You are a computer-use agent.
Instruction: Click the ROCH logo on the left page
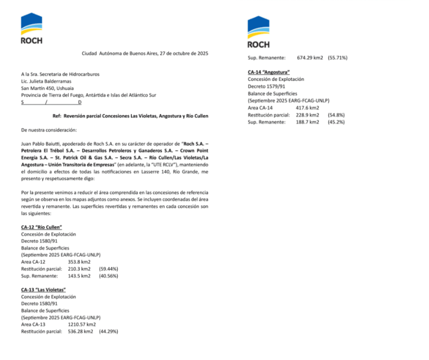click(31, 29)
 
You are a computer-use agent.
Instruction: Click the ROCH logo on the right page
click(258, 32)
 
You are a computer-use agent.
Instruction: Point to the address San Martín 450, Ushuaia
click(47, 88)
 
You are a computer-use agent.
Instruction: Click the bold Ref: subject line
click(131, 116)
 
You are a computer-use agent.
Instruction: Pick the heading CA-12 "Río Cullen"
click(41, 227)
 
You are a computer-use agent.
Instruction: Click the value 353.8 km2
click(79, 262)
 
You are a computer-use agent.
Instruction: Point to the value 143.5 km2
click(79, 276)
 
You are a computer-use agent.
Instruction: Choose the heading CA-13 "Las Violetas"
click(43, 290)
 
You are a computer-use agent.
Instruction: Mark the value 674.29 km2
click(310, 58)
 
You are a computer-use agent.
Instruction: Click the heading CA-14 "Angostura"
click(269, 72)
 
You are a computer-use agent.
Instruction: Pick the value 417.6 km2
click(306, 107)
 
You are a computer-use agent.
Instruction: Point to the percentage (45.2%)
click(336, 122)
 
